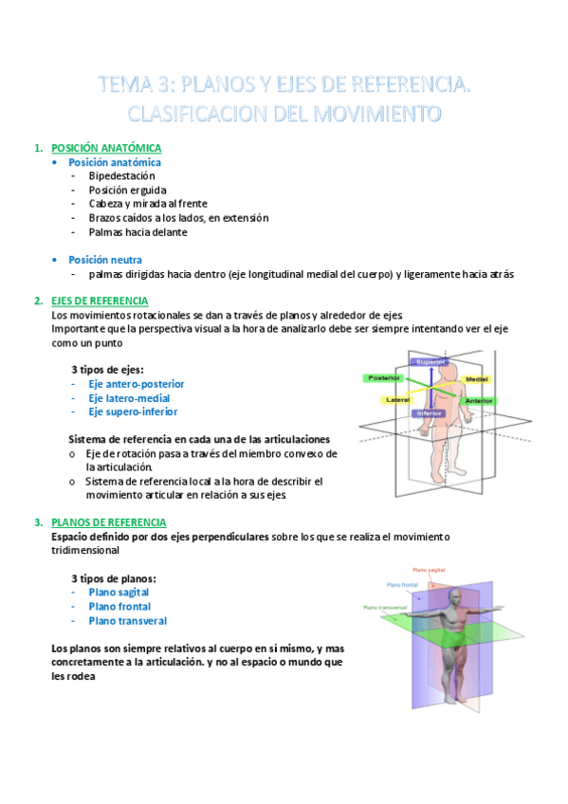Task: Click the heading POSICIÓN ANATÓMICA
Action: tap(106, 148)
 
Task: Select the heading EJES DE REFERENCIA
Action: tap(100, 301)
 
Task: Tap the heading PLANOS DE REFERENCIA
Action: tap(109, 522)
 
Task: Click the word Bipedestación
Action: tap(122, 176)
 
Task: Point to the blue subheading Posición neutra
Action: tap(105, 260)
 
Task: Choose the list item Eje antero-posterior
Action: tap(137, 384)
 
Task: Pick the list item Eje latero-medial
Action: tap(129, 398)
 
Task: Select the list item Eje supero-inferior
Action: tap(134, 411)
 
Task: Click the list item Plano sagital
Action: tap(119, 593)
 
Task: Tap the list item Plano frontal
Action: tap(120, 607)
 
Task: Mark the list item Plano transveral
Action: tap(128, 621)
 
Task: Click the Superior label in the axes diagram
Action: tap(430, 362)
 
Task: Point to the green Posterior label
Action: tap(384, 378)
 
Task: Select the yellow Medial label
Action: tap(477, 379)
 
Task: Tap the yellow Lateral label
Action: tap(397, 400)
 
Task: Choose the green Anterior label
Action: tap(479, 401)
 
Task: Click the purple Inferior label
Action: tap(429, 413)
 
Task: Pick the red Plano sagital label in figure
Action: tap(429, 570)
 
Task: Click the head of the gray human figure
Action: tap(454, 597)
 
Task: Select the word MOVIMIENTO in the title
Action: tap(377, 114)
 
